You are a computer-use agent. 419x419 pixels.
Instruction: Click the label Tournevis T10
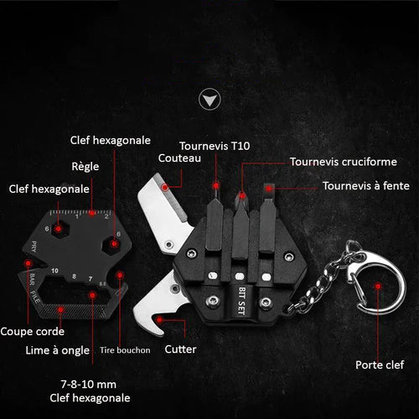pyautogui.click(x=215, y=146)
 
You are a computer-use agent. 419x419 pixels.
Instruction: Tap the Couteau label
pyautogui.click(x=179, y=158)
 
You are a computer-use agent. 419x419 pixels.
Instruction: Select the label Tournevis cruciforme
pyautogui.click(x=344, y=162)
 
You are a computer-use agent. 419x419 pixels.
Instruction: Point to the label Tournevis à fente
pyautogui.click(x=366, y=186)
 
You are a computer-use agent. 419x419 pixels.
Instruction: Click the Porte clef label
pyautogui.click(x=380, y=365)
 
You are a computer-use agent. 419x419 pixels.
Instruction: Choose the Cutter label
pyautogui.click(x=180, y=349)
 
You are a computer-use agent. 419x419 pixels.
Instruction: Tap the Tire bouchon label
pyautogui.click(x=125, y=350)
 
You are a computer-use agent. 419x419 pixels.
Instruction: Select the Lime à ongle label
pyautogui.click(x=58, y=350)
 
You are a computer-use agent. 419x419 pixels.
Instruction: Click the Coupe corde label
pyautogui.click(x=33, y=331)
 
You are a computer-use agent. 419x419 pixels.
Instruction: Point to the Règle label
pyautogui.click(x=85, y=167)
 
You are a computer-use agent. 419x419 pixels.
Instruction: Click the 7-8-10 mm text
pyautogui.click(x=89, y=385)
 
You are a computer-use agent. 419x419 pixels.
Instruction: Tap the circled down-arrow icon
pyautogui.click(x=209, y=100)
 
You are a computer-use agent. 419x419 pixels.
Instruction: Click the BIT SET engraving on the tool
pyautogui.click(x=242, y=301)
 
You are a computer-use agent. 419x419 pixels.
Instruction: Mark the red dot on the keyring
pyautogui.click(x=378, y=286)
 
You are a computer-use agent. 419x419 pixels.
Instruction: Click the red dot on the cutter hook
pyautogui.click(x=160, y=320)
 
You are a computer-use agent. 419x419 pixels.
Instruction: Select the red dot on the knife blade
pyautogui.click(x=165, y=187)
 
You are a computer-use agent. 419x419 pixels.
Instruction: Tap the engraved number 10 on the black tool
pyautogui.click(x=55, y=271)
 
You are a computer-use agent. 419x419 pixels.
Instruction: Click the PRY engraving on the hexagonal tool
pyautogui.click(x=34, y=246)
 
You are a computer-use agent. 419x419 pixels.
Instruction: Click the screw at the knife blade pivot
pyautogui.click(x=168, y=245)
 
